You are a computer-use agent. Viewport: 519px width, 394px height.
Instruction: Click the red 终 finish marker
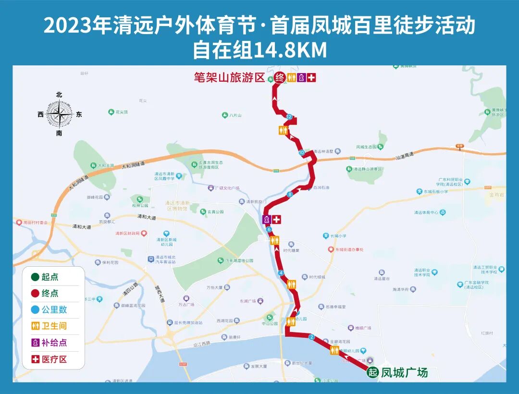[x=280, y=77]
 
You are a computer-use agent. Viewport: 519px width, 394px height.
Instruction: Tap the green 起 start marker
[x=372, y=372]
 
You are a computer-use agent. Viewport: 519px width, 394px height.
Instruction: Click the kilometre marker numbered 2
[x=311, y=337]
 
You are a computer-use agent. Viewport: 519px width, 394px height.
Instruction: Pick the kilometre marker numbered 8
[x=290, y=195]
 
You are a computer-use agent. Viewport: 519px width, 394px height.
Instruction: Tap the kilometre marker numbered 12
[x=289, y=117]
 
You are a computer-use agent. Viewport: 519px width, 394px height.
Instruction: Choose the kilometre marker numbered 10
[x=302, y=153]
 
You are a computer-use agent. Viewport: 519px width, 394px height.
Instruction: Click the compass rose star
[x=59, y=114]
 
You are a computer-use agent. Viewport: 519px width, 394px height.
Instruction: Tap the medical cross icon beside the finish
[x=312, y=77]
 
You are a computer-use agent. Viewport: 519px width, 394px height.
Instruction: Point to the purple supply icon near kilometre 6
[x=266, y=219]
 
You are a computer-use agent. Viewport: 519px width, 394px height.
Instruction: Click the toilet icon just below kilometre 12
[x=283, y=130]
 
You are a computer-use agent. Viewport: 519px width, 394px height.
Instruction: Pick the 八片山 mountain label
[x=235, y=115]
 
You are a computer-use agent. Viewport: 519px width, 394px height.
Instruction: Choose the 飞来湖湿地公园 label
[x=240, y=260]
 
